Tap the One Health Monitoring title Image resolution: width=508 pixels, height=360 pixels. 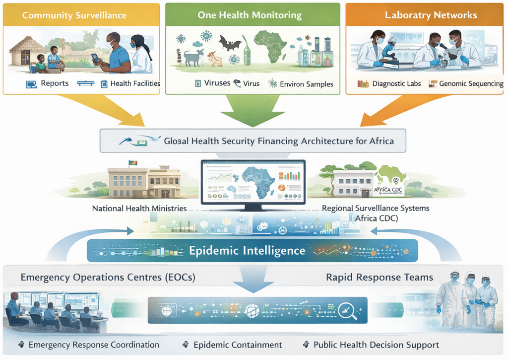[249, 15]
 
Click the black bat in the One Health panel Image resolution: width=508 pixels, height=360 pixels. [230, 44]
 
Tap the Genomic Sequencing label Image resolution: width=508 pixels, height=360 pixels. [471, 84]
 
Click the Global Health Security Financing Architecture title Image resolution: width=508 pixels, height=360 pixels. [278, 141]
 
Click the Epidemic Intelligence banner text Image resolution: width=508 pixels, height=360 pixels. [247, 250]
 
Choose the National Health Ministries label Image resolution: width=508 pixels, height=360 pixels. [139, 209]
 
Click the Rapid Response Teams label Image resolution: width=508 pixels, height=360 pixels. [380, 277]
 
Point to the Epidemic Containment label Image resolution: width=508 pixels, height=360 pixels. [238, 345]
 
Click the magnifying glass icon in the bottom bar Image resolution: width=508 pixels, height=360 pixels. [344, 311]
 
